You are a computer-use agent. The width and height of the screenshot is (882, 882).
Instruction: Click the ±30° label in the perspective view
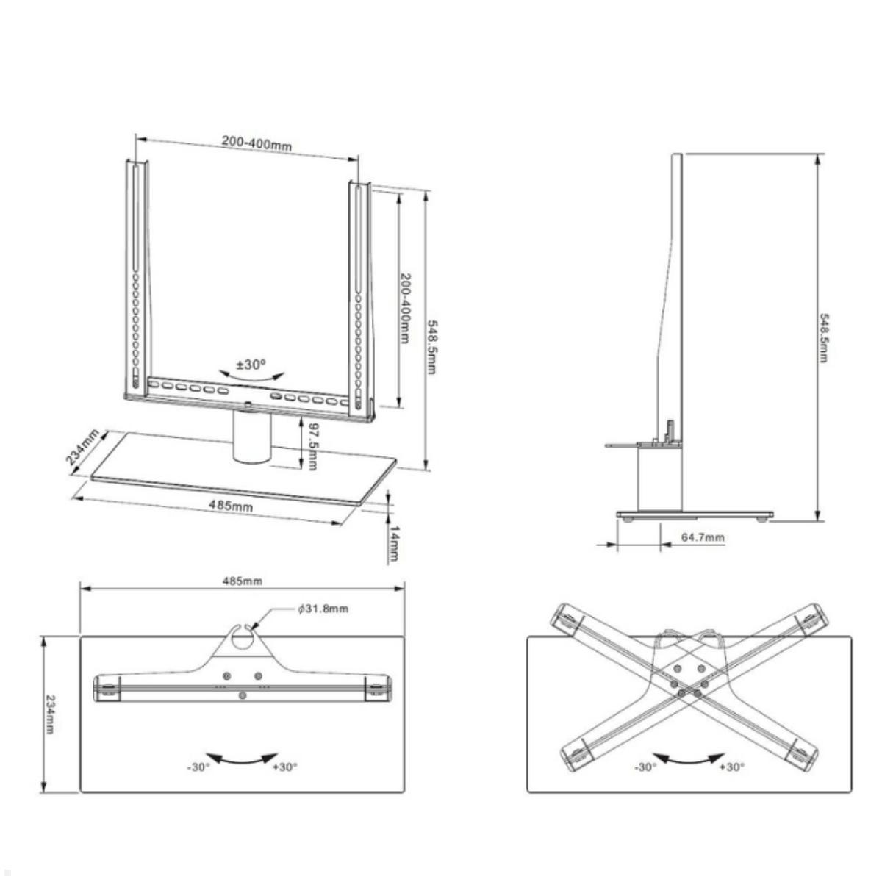251,365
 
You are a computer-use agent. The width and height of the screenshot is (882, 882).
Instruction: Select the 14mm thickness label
394,543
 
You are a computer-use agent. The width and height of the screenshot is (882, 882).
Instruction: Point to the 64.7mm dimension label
703,537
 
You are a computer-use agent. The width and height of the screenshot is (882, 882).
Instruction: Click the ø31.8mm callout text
323,609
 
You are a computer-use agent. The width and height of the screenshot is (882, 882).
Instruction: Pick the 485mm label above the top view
243,581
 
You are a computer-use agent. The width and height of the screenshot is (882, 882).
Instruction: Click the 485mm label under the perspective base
231,506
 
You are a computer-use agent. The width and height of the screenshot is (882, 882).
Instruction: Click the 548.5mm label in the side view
824,338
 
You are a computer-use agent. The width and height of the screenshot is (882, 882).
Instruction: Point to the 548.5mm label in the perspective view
431,346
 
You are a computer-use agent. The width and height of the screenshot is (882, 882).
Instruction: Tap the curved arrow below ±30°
251,377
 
